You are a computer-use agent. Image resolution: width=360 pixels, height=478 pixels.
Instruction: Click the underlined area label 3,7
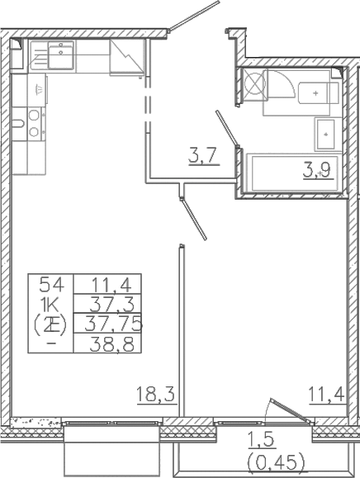[203, 154]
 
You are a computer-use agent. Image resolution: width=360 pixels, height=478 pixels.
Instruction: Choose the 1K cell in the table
[51, 304]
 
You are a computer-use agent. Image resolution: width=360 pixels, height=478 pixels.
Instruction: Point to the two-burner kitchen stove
[34, 124]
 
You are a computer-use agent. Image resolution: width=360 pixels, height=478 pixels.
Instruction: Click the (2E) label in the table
[51, 323]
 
